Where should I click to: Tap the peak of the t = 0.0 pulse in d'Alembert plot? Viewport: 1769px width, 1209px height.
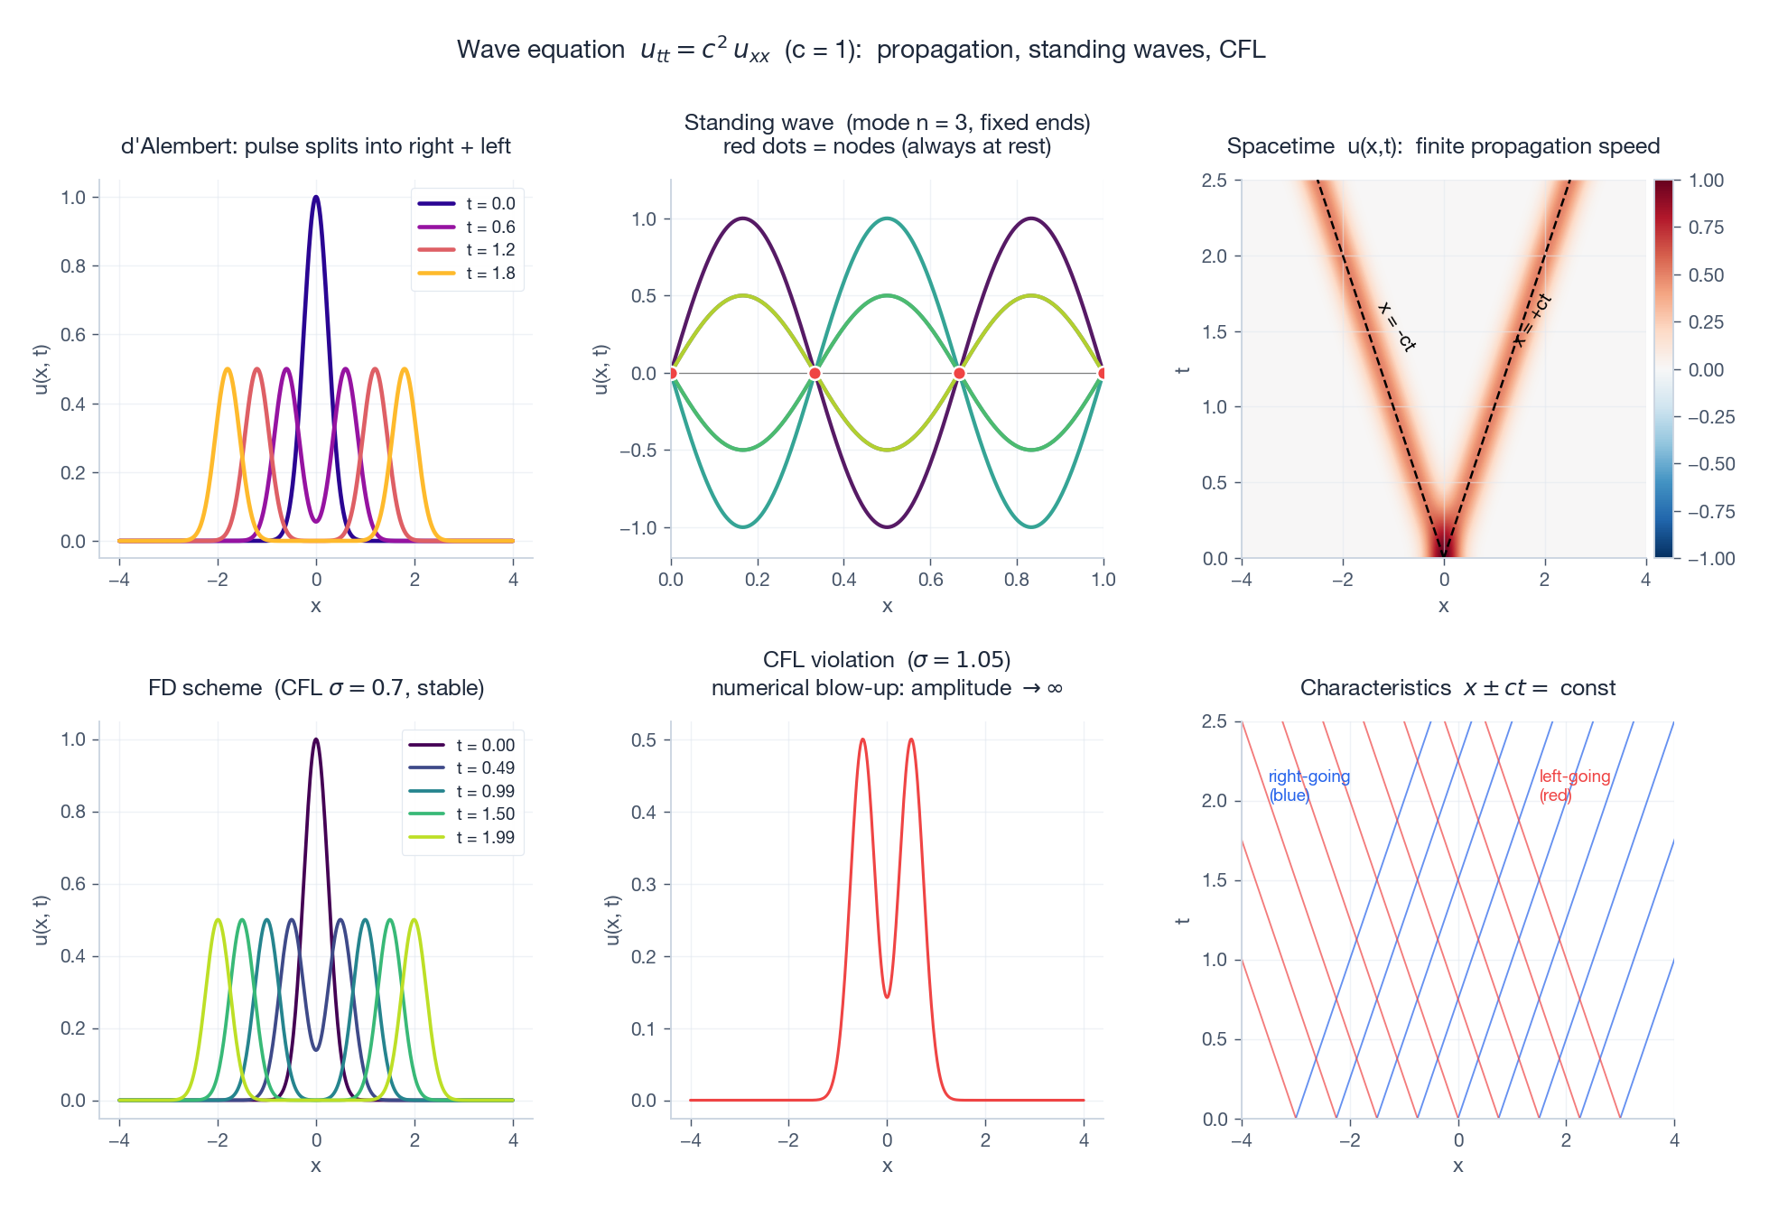[x=315, y=197]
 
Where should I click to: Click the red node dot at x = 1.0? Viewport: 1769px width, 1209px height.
[x=1103, y=373]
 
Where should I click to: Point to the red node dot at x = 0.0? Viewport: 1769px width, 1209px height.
[x=671, y=373]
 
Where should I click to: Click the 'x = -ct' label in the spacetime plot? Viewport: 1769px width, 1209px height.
[x=1396, y=327]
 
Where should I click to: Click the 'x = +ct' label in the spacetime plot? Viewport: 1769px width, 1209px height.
[x=1532, y=321]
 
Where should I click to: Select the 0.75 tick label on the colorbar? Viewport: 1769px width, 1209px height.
[x=1706, y=228]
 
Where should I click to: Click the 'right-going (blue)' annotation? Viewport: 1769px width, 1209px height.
[x=1308, y=786]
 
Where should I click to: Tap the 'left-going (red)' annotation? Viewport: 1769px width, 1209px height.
[x=1574, y=786]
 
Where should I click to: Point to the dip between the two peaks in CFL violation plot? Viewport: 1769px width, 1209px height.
[x=887, y=997]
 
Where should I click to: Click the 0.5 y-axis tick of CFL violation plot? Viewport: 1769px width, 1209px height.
[x=644, y=740]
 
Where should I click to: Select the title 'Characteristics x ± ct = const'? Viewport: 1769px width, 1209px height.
[x=1457, y=688]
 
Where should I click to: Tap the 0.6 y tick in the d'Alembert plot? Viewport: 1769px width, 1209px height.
[x=73, y=335]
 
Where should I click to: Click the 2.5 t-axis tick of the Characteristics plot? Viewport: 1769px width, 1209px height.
[x=1215, y=721]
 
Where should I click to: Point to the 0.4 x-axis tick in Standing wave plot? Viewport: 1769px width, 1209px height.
[x=843, y=580]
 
